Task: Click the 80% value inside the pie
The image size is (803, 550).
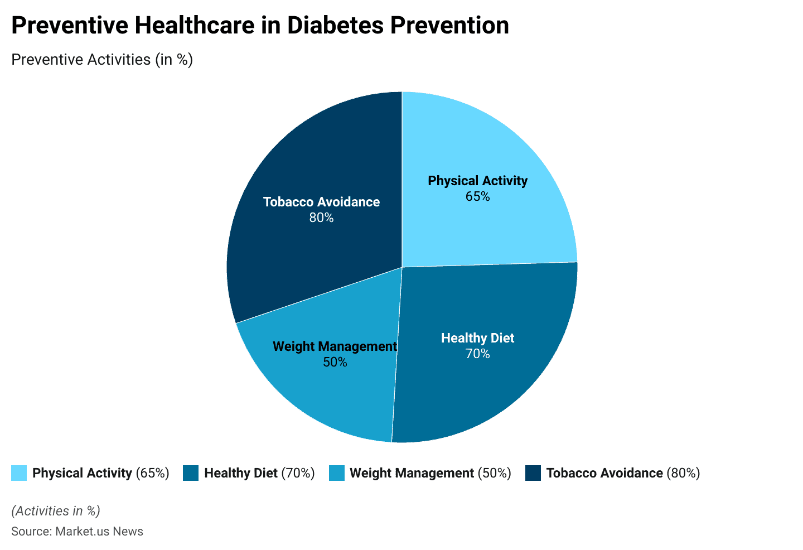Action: click(x=321, y=218)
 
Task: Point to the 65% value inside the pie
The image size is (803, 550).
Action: click(x=477, y=197)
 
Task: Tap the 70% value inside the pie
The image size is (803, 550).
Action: click(x=477, y=354)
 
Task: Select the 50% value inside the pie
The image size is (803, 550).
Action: click(x=335, y=363)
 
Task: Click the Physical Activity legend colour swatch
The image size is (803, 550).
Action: click(x=19, y=473)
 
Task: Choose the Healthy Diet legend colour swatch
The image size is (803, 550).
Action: click(x=191, y=473)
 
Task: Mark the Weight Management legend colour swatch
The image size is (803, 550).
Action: click(x=336, y=473)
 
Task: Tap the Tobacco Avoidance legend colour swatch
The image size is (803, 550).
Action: click(x=533, y=473)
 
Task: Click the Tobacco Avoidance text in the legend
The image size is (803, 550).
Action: click(x=604, y=473)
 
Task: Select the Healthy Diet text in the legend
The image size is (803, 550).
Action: click(x=240, y=473)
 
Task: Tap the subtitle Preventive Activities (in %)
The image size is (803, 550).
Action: click(x=102, y=59)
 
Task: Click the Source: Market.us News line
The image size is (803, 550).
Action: click(x=77, y=531)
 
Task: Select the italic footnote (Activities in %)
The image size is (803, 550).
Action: click(x=55, y=511)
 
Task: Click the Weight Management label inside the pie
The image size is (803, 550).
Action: click(x=335, y=346)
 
